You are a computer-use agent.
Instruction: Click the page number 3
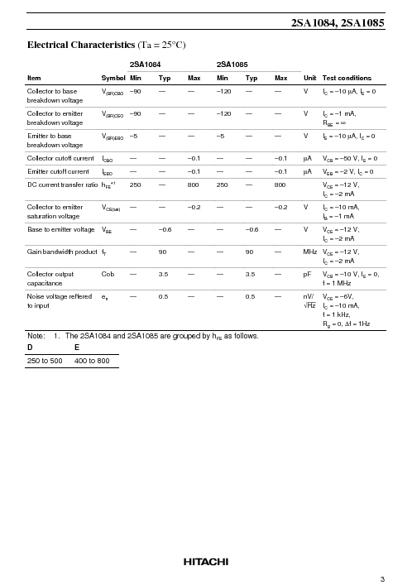coord(382,578)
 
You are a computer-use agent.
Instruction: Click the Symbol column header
coord(113,78)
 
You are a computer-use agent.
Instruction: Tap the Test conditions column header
coord(347,78)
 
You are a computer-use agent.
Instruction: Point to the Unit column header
coord(310,78)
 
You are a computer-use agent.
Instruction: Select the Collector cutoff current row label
coord(61,158)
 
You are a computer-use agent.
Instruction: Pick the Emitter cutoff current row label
coord(58,172)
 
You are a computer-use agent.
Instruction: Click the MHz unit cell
coord(310,251)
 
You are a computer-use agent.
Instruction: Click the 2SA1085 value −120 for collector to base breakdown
coord(223,91)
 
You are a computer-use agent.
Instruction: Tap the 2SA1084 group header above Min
coord(146,63)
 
